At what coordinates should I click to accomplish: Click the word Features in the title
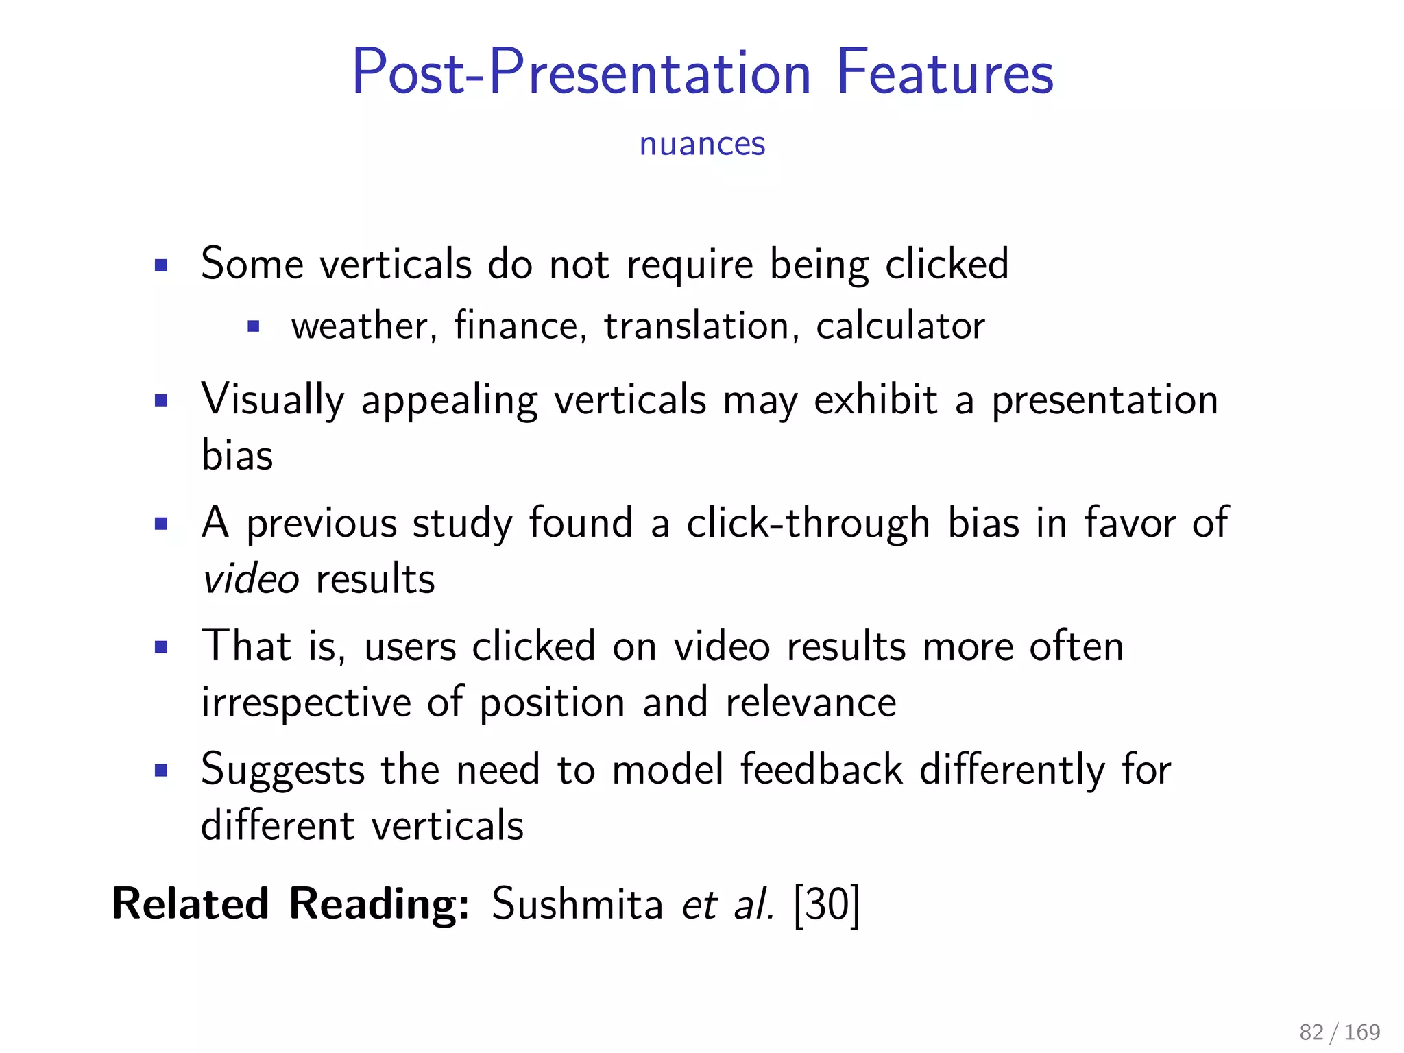(x=945, y=72)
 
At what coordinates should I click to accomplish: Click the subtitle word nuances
(x=702, y=144)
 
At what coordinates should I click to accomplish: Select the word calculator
(x=900, y=326)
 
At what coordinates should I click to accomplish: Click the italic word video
(x=251, y=579)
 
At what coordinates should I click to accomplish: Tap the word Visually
(x=272, y=400)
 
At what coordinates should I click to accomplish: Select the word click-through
(x=808, y=524)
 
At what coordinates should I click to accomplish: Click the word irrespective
(x=305, y=703)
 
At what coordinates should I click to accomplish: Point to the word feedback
(x=821, y=769)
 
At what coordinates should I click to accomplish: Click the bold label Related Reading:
(x=291, y=904)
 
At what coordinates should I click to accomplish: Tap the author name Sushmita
(x=577, y=904)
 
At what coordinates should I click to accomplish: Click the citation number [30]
(x=826, y=905)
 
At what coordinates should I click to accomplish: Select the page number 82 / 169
(x=1340, y=1032)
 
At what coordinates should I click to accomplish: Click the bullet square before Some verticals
(x=161, y=265)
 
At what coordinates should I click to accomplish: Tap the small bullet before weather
(x=254, y=327)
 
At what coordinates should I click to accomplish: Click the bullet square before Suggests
(x=161, y=771)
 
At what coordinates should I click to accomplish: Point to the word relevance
(x=811, y=703)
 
